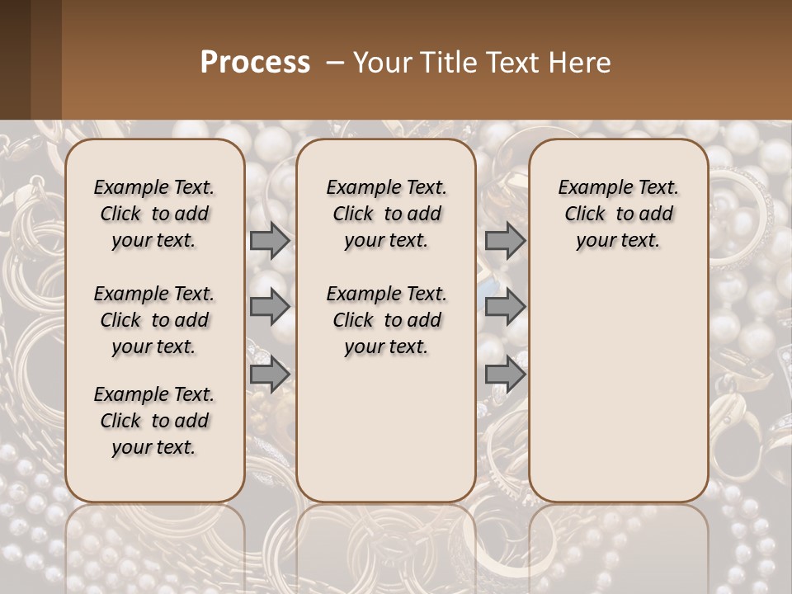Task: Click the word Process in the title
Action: pyautogui.click(x=255, y=63)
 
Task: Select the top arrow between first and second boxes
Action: pyautogui.click(x=270, y=241)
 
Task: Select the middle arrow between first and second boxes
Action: pyautogui.click(x=270, y=308)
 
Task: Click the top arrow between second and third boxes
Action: pyautogui.click(x=505, y=241)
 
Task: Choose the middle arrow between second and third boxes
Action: pyautogui.click(x=505, y=308)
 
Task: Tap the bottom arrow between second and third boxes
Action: pyautogui.click(x=505, y=374)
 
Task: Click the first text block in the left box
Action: pyautogui.click(x=154, y=214)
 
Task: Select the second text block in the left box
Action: pyautogui.click(x=154, y=320)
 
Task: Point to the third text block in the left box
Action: pyautogui.click(x=154, y=421)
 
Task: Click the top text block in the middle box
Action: pyautogui.click(x=386, y=214)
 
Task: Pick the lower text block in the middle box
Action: pyautogui.click(x=386, y=320)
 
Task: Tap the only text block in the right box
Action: pyautogui.click(x=618, y=214)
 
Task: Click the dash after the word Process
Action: pyautogui.click(x=334, y=63)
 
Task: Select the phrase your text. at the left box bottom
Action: pyautogui.click(x=154, y=448)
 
